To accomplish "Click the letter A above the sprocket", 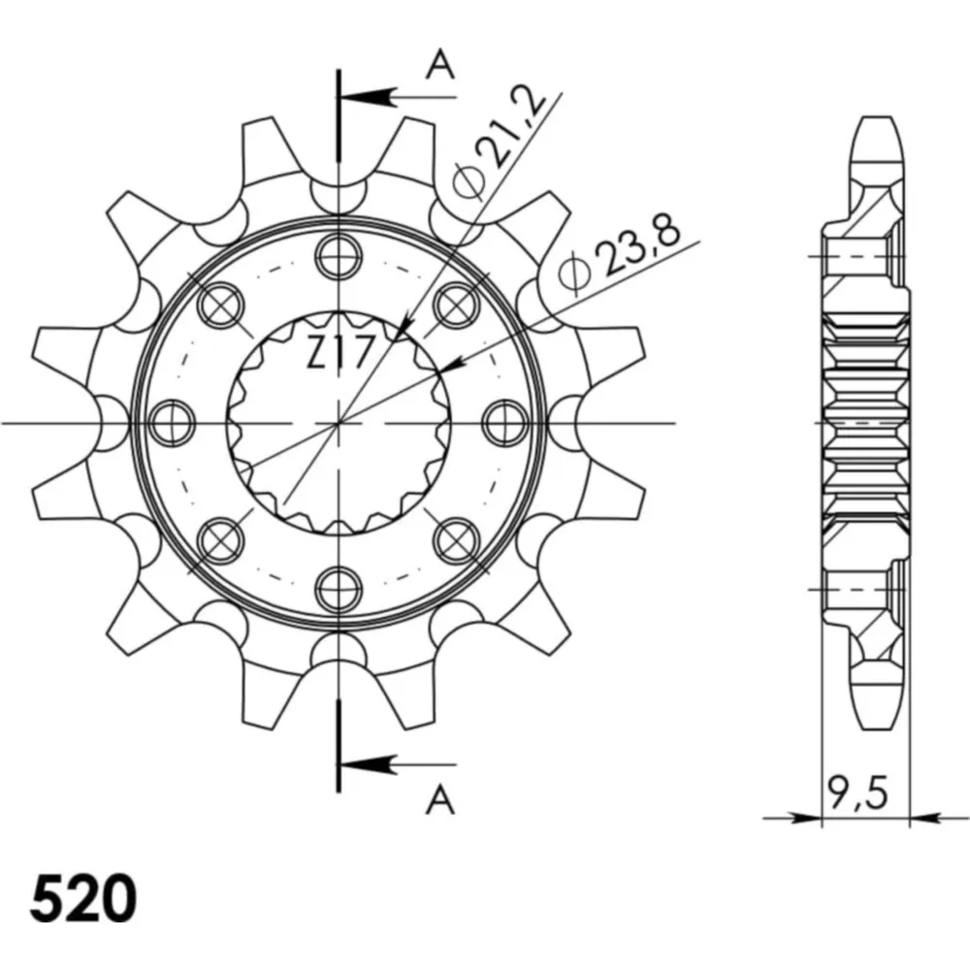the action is [x=439, y=66].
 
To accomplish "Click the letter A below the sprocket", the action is [x=439, y=799].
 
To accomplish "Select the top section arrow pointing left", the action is [x=397, y=97].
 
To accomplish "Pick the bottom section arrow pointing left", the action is [x=397, y=764].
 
